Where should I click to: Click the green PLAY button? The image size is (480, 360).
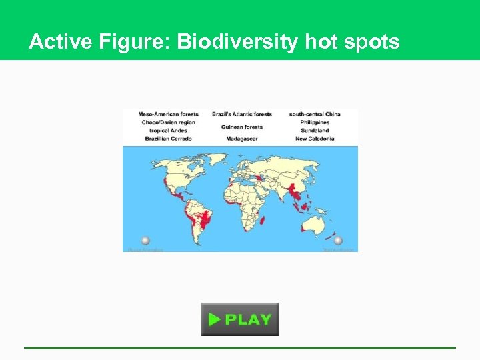pyautogui.click(x=240, y=319)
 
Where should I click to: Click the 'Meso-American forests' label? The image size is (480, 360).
pyautogui.click(x=169, y=114)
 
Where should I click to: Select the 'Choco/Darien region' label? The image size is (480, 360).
pyautogui.click(x=169, y=123)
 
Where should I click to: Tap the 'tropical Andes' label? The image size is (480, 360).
pyautogui.click(x=169, y=131)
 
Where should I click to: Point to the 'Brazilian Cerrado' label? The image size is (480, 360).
pyautogui.click(x=169, y=139)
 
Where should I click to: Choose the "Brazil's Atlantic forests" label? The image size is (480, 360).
pyautogui.click(x=241, y=114)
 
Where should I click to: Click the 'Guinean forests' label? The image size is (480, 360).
pyautogui.click(x=241, y=127)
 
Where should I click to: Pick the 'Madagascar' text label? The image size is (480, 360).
pyautogui.click(x=241, y=139)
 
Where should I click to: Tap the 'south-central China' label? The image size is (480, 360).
pyautogui.click(x=315, y=114)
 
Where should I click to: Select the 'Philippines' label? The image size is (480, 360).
pyautogui.click(x=315, y=123)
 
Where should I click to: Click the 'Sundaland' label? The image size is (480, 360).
pyautogui.click(x=315, y=131)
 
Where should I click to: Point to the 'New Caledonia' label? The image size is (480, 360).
pyautogui.click(x=315, y=139)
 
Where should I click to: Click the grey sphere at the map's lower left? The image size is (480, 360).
pyautogui.click(x=145, y=241)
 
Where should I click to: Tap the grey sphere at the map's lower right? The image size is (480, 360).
pyautogui.click(x=338, y=241)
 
